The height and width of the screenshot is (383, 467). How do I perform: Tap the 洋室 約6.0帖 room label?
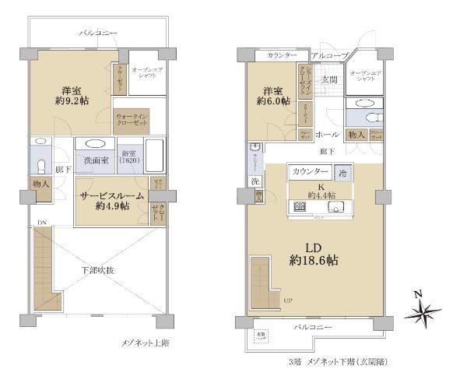(x=276, y=95)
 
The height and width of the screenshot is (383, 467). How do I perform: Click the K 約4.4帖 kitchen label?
(x=314, y=191)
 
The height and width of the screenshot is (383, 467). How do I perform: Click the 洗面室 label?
(x=95, y=160)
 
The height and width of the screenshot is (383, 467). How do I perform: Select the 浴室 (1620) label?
(x=129, y=155)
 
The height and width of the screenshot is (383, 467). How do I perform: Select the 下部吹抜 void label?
(x=98, y=270)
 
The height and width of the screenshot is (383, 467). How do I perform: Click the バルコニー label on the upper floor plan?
(x=98, y=33)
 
